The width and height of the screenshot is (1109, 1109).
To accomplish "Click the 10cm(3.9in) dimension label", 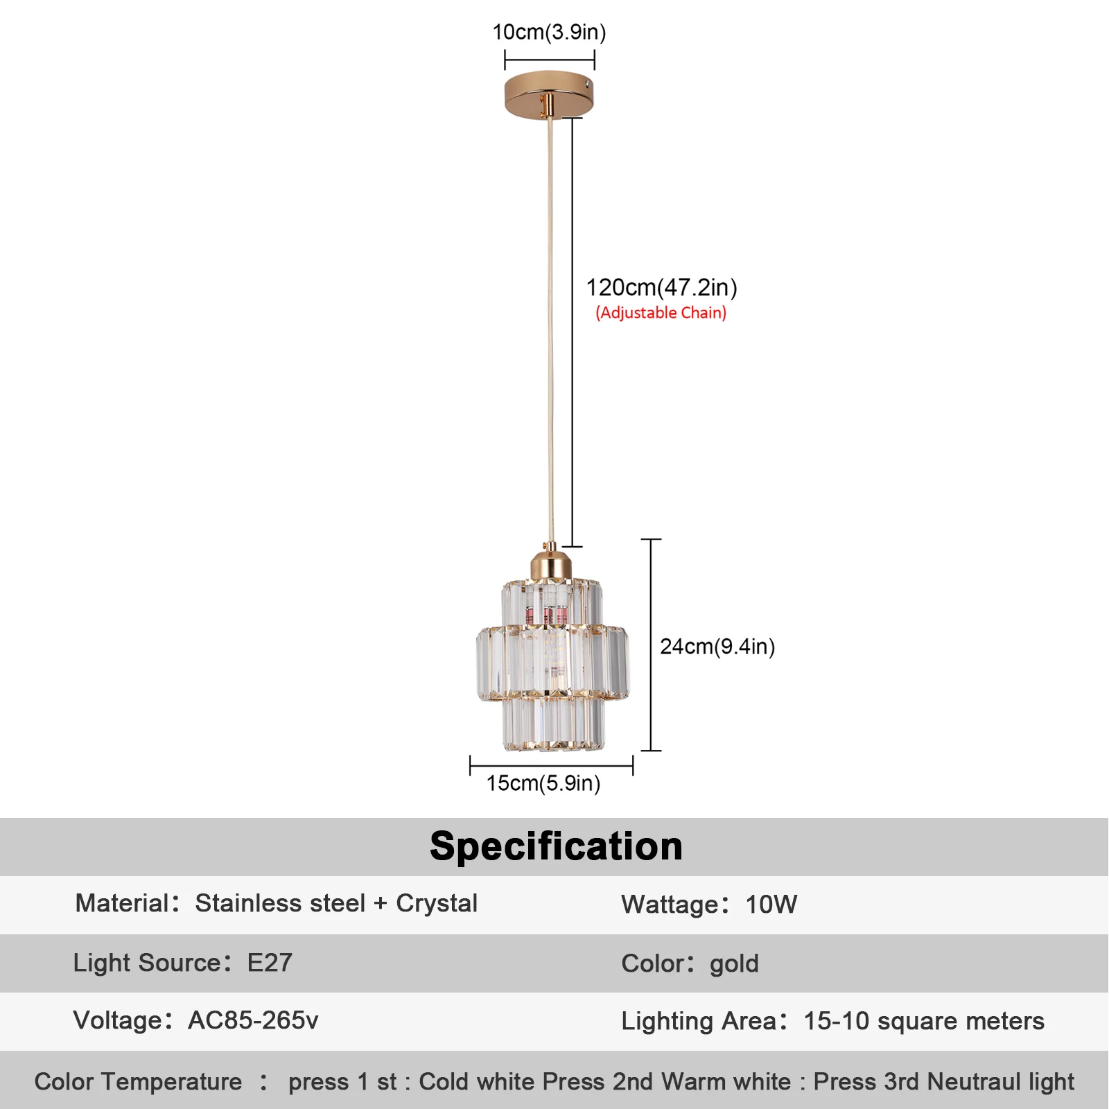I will (549, 33).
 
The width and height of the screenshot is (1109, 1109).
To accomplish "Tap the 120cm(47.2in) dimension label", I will (661, 287).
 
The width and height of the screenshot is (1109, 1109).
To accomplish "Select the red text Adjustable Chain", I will (661, 313).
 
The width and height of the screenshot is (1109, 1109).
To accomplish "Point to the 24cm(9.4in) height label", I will (717, 647).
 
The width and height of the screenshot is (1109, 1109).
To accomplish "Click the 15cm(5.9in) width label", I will (543, 783).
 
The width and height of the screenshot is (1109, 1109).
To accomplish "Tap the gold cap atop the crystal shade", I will (551, 564).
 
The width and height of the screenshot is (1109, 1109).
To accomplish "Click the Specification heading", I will (556, 846).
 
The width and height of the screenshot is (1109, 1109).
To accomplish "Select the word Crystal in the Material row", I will (437, 903).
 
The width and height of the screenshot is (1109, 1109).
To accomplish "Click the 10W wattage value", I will (771, 905).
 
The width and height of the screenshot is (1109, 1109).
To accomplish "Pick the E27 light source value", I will (270, 963).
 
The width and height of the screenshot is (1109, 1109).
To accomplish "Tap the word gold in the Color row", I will (734, 963).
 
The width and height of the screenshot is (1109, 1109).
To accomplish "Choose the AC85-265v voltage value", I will (253, 1020).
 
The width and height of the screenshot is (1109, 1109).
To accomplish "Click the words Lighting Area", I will (699, 1021).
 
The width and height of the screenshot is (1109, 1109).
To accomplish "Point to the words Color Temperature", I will (139, 1081).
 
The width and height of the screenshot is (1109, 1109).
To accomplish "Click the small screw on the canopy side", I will (588, 85).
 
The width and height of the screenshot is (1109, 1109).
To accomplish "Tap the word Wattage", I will (670, 905).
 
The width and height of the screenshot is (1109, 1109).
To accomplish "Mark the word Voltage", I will (118, 1020).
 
